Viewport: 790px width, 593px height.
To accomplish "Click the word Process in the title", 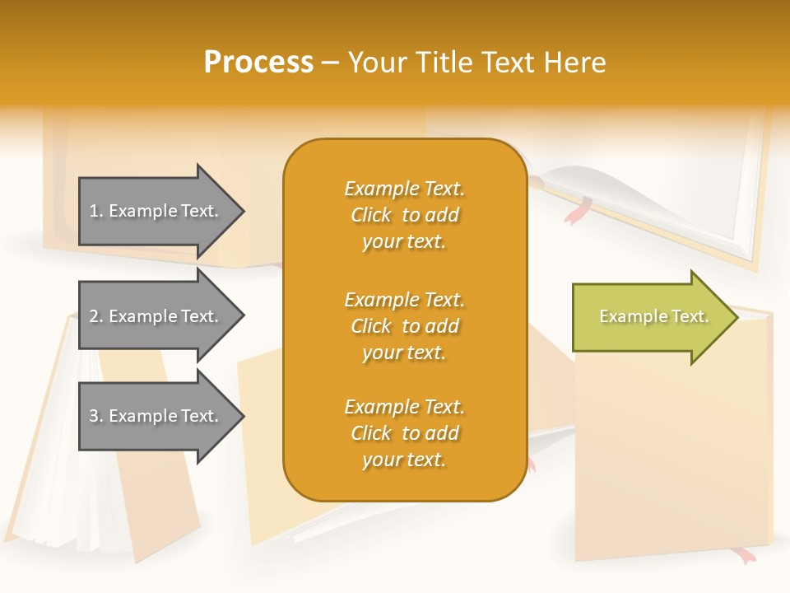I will [x=258, y=63].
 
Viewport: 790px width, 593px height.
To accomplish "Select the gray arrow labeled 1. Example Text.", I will [x=156, y=211].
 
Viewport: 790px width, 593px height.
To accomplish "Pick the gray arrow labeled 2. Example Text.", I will [x=156, y=316].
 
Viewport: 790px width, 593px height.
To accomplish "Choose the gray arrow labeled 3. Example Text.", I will [x=156, y=416].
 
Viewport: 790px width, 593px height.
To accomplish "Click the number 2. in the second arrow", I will [x=96, y=316].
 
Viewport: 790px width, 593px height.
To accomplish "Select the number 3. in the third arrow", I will [x=96, y=416].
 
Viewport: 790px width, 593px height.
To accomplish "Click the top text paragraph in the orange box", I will [x=404, y=215].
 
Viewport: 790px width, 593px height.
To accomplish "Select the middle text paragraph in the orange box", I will [x=404, y=326].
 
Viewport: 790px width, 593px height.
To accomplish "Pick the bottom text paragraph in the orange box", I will [x=404, y=433].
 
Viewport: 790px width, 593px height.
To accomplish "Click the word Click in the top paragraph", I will [x=371, y=215].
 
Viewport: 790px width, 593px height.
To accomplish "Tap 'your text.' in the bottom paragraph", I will [x=404, y=460].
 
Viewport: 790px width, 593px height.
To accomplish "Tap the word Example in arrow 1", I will [x=142, y=211].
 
